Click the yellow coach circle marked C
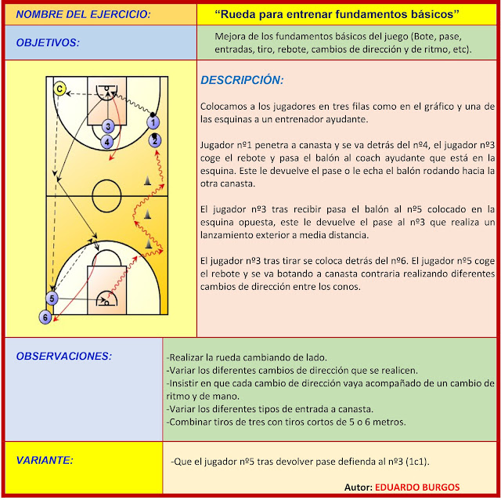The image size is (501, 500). click(59, 89)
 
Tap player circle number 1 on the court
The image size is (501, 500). click(153, 122)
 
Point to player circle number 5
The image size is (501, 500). click(52, 299)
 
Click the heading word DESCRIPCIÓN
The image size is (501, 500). click(242, 80)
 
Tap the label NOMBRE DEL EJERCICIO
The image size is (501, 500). click(73, 15)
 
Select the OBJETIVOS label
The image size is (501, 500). click(48, 43)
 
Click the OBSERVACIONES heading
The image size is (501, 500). click(64, 357)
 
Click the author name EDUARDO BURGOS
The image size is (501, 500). click(416, 487)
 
